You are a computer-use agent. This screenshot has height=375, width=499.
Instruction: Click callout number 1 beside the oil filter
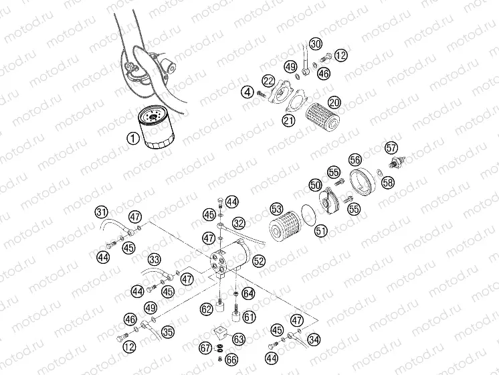(x=132, y=139)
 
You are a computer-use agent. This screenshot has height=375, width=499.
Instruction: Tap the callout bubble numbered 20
(x=334, y=102)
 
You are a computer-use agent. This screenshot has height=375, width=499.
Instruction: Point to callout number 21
(x=289, y=121)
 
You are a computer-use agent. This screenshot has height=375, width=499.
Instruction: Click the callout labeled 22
(x=268, y=81)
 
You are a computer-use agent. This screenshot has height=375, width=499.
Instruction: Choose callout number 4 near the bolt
(x=247, y=92)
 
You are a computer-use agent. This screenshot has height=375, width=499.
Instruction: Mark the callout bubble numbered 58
(x=388, y=182)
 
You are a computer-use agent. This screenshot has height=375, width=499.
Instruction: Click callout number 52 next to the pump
(x=259, y=261)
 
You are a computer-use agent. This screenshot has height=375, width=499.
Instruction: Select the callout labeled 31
(x=101, y=213)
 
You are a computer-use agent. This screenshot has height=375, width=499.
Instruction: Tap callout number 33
(x=155, y=259)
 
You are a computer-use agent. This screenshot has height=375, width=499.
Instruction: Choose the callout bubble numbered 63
(x=239, y=338)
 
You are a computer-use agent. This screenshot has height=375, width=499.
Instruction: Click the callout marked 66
(x=231, y=360)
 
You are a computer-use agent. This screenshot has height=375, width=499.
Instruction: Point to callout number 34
(x=314, y=338)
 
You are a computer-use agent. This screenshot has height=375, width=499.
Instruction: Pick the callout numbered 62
(x=207, y=309)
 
